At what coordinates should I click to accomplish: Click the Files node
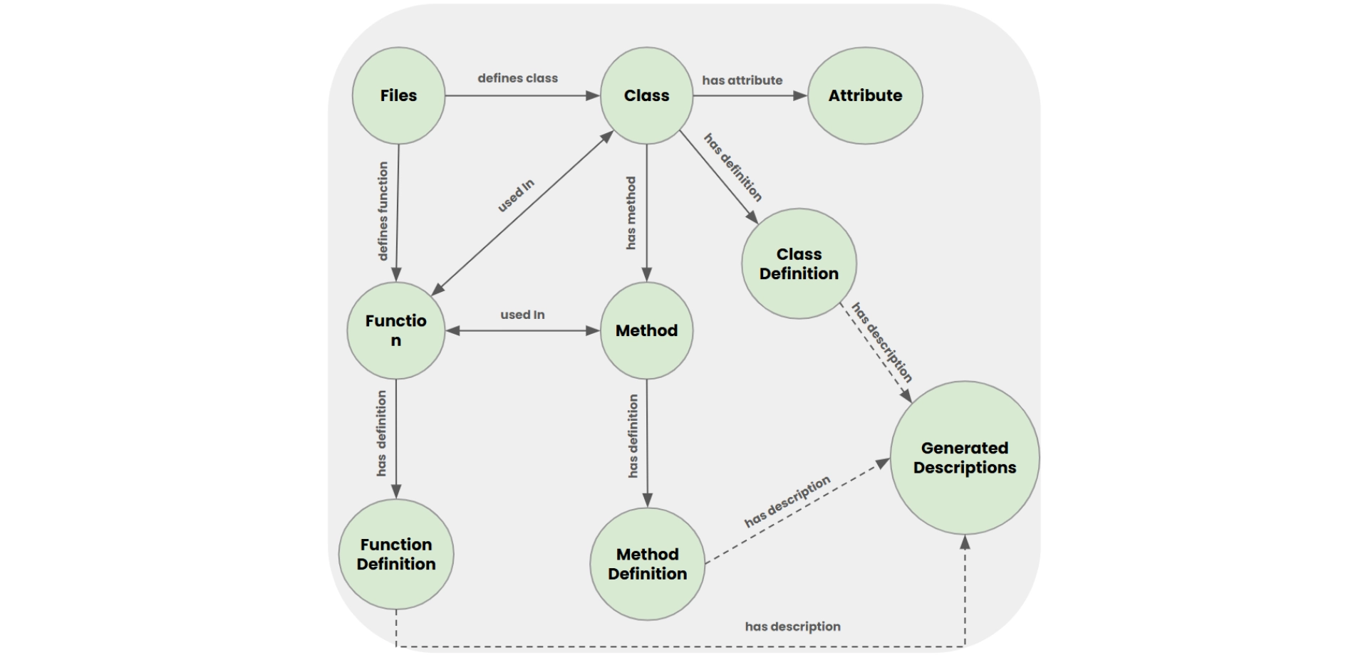coord(398,95)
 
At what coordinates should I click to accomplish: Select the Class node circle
coord(646,95)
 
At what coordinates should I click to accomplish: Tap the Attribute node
coord(865,95)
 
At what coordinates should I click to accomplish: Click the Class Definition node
coord(799,263)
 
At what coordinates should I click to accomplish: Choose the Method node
coord(646,330)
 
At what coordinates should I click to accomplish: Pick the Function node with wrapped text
coord(396,330)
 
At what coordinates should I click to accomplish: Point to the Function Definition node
coord(396,554)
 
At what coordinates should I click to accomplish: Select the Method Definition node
coord(647,564)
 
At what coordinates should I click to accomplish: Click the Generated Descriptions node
coord(965,458)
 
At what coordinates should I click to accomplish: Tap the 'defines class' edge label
coord(517,78)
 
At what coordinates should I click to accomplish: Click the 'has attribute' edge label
coord(742,80)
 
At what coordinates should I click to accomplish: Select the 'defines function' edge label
coord(383,211)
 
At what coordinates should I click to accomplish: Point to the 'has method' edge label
coord(631,213)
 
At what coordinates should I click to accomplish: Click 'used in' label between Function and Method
coord(522,315)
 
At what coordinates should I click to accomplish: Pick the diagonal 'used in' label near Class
coord(516,196)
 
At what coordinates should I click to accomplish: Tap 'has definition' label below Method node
coord(633,436)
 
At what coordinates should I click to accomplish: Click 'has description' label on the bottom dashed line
coord(792,627)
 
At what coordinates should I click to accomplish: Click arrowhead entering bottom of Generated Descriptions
coord(965,543)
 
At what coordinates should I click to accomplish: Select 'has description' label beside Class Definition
coord(881,342)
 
